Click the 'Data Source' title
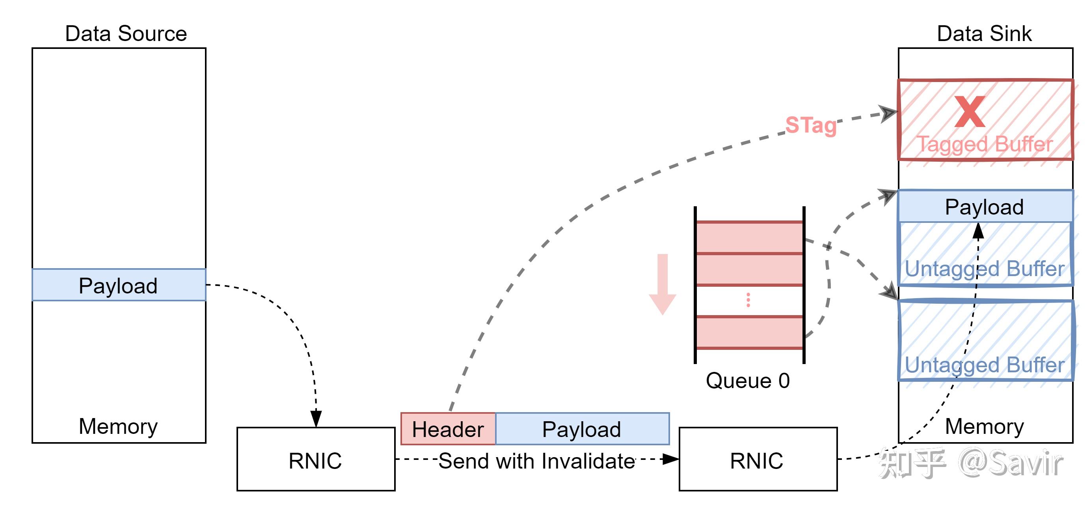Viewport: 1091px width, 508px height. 126,34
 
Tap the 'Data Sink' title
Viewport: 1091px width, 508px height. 984,34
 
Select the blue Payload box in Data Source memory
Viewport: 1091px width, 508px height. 119,285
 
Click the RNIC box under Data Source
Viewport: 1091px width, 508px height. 316,460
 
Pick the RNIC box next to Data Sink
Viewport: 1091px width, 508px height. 757,460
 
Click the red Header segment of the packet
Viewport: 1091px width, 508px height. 448,429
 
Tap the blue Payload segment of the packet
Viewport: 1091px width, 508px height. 582,429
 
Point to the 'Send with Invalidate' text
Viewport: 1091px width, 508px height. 536,461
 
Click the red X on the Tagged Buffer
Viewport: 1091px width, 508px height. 970,112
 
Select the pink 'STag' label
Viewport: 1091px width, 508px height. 811,125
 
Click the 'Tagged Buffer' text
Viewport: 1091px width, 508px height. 984,144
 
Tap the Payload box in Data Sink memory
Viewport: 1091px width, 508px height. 984,207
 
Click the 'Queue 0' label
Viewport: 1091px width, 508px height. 748,381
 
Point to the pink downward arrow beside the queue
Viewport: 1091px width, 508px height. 663,284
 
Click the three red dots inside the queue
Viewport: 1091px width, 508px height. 748,300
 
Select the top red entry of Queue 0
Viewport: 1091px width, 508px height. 749,238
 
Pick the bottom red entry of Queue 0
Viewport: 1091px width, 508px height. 749,332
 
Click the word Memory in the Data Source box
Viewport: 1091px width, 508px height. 118,426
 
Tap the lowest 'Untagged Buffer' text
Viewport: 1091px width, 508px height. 984,365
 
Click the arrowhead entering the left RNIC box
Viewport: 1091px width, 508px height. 316,418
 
